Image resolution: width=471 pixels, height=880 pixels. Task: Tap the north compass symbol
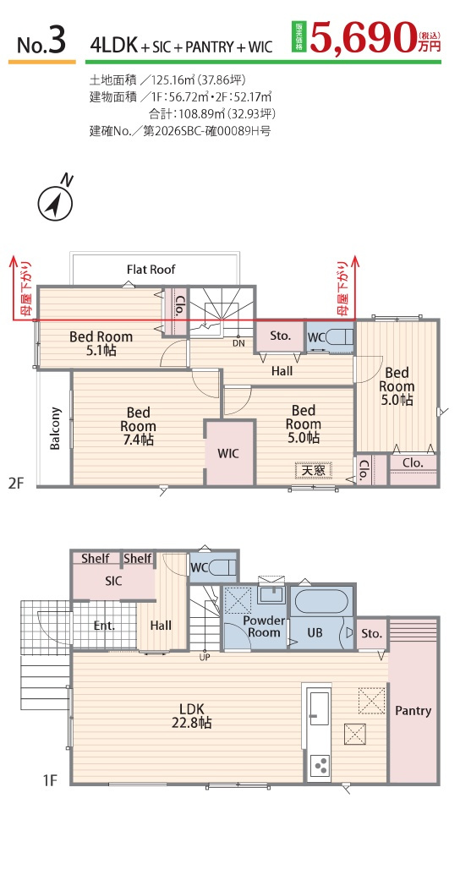coord(56,203)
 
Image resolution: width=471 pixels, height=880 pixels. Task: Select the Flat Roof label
coord(151,270)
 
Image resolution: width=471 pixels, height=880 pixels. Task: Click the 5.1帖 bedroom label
coord(101,343)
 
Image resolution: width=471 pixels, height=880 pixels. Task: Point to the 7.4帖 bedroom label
coord(138,426)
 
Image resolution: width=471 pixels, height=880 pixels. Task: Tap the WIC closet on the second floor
coord(228,452)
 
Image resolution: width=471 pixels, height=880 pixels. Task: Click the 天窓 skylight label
coord(313,470)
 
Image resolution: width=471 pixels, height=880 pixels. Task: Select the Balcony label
coord(55,428)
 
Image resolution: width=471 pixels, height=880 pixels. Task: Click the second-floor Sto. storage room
coord(280,336)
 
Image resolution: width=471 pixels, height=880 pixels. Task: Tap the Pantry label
coord(413,711)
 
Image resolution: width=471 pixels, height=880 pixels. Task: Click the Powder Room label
coord(264,626)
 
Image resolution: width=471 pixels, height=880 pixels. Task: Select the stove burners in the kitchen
coord(321,765)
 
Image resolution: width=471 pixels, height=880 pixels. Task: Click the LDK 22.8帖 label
coord(191,716)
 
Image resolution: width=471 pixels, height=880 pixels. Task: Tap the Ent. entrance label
coord(104,626)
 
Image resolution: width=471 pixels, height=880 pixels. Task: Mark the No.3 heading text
coord(42,41)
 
